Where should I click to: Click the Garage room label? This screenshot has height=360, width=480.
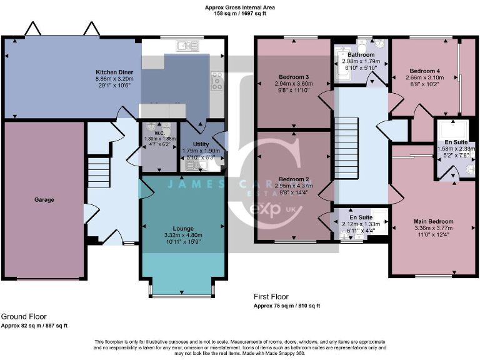[x=44, y=200]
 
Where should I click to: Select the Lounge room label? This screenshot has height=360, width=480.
[x=183, y=228]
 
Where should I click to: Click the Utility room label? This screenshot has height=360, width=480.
[x=201, y=144]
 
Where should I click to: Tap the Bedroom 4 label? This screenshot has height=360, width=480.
[x=423, y=71]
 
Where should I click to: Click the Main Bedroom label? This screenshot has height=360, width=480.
[x=433, y=221]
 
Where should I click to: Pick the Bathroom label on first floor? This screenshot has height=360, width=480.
[x=362, y=55]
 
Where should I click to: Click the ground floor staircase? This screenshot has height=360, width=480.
[x=98, y=172]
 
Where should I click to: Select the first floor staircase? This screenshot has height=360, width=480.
[x=346, y=144]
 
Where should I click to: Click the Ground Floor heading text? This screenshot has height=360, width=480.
[x=24, y=317]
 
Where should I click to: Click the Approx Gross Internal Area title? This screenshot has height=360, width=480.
[x=240, y=7]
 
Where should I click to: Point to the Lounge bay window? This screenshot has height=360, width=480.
[x=183, y=289]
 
